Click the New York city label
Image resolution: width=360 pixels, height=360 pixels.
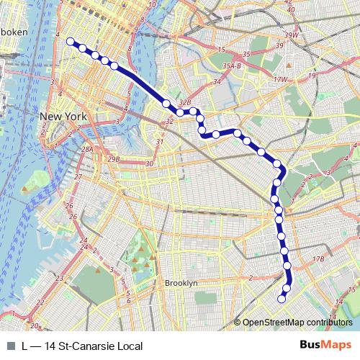click(x=63, y=117)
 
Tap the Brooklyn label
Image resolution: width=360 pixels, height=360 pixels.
click(x=181, y=283)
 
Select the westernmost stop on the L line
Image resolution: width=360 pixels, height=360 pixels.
click(x=71, y=42)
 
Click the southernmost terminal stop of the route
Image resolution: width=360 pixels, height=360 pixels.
click(x=282, y=297)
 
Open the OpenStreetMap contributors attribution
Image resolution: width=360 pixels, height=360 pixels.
click(x=297, y=323)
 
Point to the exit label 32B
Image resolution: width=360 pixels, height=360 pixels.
click(x=185, y=103)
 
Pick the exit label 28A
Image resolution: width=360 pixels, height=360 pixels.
click(x=87, y=149)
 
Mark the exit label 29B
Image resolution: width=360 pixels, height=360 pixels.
click(x=113, y=158)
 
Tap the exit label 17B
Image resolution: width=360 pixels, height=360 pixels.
click(x=318, y=258)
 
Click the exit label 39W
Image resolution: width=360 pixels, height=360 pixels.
click(x=291, y=35)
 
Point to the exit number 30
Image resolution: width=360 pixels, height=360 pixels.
click(x=150, y=164)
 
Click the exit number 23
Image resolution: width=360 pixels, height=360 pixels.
click(x=60, y=277)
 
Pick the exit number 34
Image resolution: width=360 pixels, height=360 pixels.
click(x=216, y=81)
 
